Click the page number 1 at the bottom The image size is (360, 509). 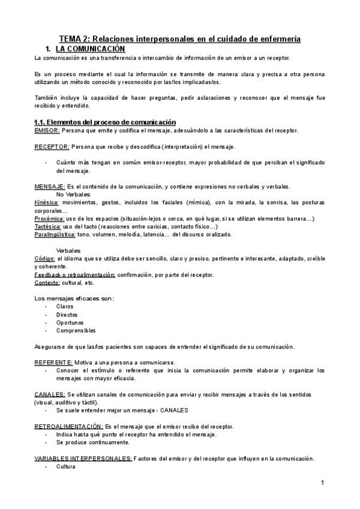tap(322, 483)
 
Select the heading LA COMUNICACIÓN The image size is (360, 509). tap(90, 48)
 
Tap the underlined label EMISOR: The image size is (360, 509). tap(47, 130)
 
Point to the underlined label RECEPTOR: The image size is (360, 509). tap(52, 146)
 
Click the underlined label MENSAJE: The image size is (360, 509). tap(50, 187)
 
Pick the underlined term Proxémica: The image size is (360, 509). tap(49, 218)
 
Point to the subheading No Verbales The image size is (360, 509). tap(74, 194)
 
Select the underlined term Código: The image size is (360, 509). tap(45, 258)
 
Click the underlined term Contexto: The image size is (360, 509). tap(47, 282)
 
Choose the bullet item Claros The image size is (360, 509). tap(65, 306)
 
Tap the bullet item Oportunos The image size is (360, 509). tap(69, 322)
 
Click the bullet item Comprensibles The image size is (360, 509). tap(76, 330)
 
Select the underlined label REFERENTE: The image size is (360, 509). tap(53, 363)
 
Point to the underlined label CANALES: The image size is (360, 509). tap(50, 394)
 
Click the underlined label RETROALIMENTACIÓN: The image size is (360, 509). tap(68, 426)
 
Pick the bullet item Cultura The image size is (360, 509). tap(65, 466)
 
